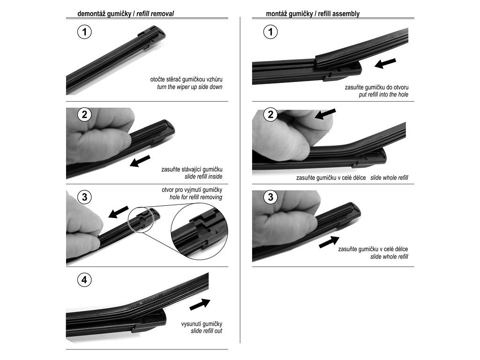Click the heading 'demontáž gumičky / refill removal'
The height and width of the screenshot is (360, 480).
pos(126,14)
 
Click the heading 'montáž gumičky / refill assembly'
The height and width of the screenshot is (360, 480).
pos(313,14)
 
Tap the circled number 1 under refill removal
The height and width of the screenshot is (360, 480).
pos(84,32)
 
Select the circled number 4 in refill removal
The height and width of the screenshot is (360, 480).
pos(84,280)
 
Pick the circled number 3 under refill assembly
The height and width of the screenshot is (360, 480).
pos(270,197)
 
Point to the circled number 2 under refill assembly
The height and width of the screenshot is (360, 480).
pos(270,114)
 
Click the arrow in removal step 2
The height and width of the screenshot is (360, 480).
pos(140,161)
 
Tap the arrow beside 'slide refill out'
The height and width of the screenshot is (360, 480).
pos(200,304)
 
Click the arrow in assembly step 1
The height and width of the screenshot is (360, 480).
pos(385,63)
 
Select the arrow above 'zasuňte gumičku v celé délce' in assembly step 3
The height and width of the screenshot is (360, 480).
pos(329,242)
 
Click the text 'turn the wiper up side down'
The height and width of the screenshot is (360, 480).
pos(189,87)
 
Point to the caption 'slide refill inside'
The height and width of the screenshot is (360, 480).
pos(203,177)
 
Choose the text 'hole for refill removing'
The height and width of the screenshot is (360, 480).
pos(196,197)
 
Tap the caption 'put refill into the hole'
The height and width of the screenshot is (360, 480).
pos(383,95)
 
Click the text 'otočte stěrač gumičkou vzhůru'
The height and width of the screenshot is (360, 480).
pos(186,80)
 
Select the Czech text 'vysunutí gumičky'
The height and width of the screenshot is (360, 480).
pos(202,324)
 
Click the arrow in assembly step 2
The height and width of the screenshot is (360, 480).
pos(325,114)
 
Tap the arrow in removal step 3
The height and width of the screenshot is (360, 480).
pos(119,212)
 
